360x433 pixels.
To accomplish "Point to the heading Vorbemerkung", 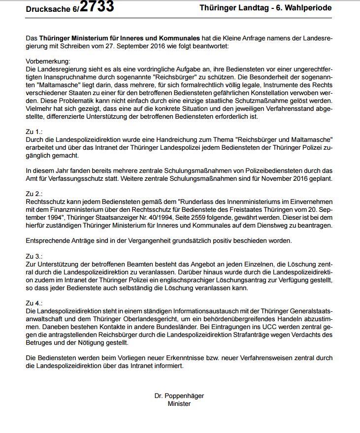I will [48, 61].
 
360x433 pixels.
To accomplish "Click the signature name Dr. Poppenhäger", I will [179, 396].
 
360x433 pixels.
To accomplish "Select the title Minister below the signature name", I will [179, 403].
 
